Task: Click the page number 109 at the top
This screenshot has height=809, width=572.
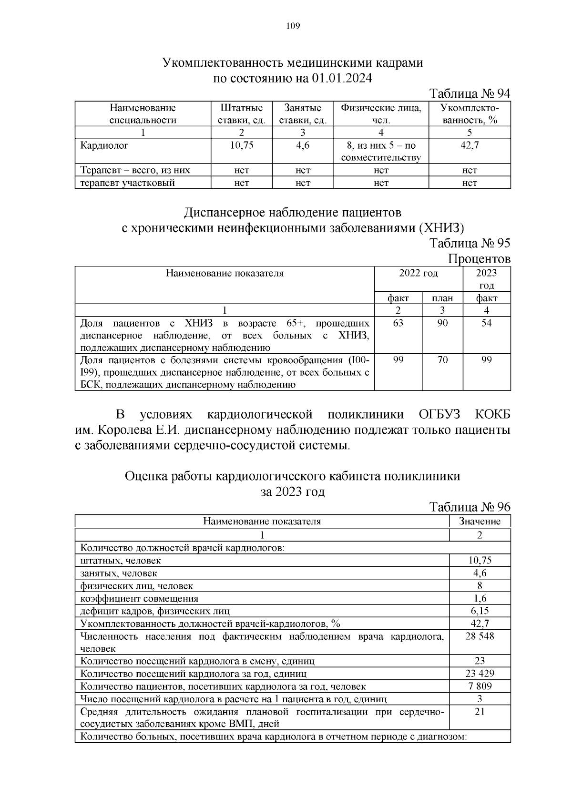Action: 293,26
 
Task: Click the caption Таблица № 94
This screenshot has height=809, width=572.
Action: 470,93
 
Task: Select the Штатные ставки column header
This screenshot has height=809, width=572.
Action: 242,114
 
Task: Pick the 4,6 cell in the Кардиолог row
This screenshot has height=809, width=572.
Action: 303,145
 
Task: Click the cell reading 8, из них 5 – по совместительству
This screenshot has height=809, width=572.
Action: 381,152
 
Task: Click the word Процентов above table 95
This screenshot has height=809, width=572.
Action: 479,259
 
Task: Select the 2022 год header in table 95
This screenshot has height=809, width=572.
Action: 418,273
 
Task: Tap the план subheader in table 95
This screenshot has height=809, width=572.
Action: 442,298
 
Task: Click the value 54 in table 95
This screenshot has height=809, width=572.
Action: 486,323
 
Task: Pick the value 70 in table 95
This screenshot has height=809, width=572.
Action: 442,360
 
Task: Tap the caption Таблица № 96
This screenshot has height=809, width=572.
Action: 470,507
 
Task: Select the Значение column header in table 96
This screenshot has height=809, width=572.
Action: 480,521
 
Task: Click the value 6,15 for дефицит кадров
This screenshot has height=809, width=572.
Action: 480,611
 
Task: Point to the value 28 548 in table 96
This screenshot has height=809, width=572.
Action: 480,636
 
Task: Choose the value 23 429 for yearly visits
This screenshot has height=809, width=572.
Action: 480,674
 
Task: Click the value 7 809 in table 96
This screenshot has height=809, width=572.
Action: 480,686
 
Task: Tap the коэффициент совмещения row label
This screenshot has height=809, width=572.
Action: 139,598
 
